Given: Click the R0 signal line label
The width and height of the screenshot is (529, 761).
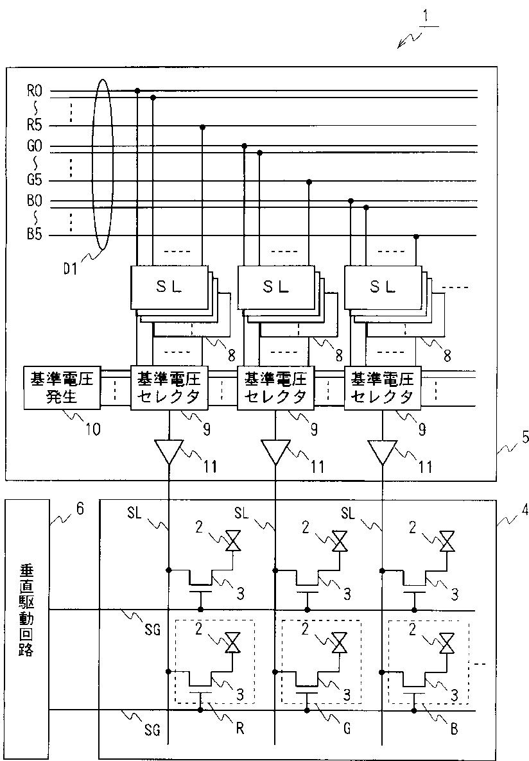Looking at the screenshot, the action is [x=35, y=90].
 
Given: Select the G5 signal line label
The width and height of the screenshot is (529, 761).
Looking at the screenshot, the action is [x=35, y=180].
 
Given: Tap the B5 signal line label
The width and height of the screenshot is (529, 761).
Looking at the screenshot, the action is [x=35, y=235].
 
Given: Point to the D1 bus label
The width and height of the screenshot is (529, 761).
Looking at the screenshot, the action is [x=71, y=269].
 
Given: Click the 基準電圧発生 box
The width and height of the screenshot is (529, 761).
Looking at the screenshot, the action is [x=62, y=388].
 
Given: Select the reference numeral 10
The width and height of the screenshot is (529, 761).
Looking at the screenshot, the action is [x=93, y=429].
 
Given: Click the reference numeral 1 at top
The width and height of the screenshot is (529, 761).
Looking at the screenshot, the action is [x=426, y=16].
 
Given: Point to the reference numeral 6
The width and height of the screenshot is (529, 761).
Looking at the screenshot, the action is [x=80, y=509].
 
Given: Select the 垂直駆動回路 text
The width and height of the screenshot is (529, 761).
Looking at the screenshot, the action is [x=26, y=610].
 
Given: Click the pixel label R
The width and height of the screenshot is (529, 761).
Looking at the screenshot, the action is [x=239, y=729].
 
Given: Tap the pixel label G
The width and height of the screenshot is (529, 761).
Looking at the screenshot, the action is [x=347, y=728].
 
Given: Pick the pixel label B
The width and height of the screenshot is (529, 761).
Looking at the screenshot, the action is [x=454, y=729].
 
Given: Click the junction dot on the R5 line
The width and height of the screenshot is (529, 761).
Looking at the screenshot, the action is [x=202, y=126].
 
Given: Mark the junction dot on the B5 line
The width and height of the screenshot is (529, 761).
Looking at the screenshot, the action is [x=416, y=236].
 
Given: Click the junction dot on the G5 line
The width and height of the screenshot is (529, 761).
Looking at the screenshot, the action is [x=309, y=182].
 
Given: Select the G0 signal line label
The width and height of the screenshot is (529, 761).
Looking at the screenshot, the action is [x=35, y=146].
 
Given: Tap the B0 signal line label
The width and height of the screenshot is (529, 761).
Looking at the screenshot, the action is [x=35, y=201].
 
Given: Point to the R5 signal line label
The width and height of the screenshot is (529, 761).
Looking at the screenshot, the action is [x=35, y=126].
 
